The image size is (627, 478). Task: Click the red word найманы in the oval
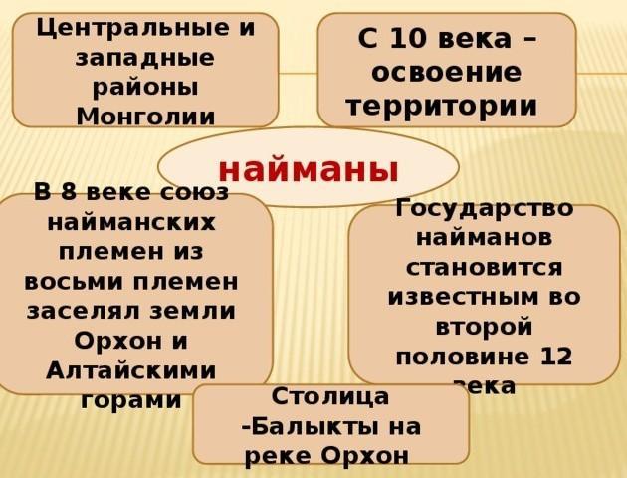point(309,171)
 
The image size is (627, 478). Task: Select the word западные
point(144,59)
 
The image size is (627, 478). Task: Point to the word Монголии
point(145,117)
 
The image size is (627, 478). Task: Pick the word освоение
point(447,73)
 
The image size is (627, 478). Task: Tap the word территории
point(442,108)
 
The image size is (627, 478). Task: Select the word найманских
point(131,222)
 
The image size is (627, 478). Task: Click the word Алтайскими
point(130,370)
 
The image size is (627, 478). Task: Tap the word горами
point(130,400)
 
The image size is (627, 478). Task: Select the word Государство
point(485,208)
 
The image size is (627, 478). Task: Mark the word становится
point(485,268)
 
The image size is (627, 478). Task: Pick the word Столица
point(329,396)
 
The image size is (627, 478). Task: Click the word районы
point(145,88)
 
